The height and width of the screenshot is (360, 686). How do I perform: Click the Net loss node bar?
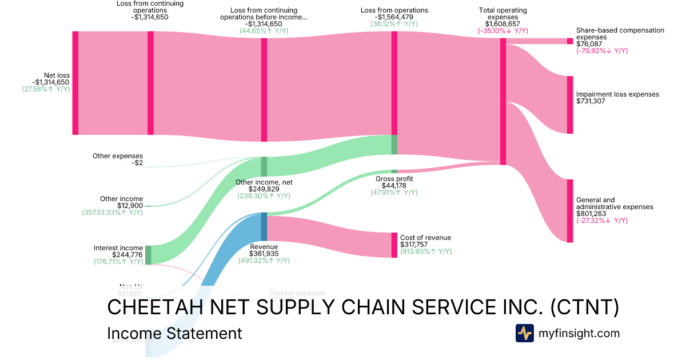[x=75, y=83]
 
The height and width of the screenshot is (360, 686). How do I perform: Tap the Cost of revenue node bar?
[x=394, y=245]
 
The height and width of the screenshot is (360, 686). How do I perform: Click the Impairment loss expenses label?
[x=617, y=94]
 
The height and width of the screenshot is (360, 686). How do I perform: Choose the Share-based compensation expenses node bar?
[x=569, y=41]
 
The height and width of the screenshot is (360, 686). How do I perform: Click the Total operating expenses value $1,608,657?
[x=502, y=24]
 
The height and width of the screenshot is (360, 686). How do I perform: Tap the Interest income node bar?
[x=148, y=255]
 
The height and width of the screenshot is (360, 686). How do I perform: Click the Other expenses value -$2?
[x=137, y=163]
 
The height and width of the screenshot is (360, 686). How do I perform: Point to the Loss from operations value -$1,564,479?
[x=394, y=17]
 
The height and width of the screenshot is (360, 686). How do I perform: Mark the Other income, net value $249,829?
[x=264, y=189]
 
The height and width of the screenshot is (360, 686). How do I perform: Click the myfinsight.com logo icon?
[x=524, y=333]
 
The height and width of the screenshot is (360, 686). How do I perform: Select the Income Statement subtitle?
[x=174, y=334]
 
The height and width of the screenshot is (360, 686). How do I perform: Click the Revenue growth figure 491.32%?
[x=257, y=261]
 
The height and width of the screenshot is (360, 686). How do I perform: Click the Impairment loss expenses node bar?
[x=569, y=105]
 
